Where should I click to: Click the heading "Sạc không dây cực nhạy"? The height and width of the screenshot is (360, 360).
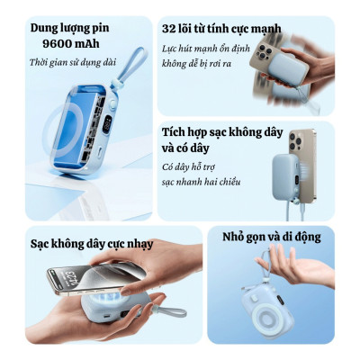click(91, 244)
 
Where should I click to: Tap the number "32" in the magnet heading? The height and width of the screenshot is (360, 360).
click(171, 29)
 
